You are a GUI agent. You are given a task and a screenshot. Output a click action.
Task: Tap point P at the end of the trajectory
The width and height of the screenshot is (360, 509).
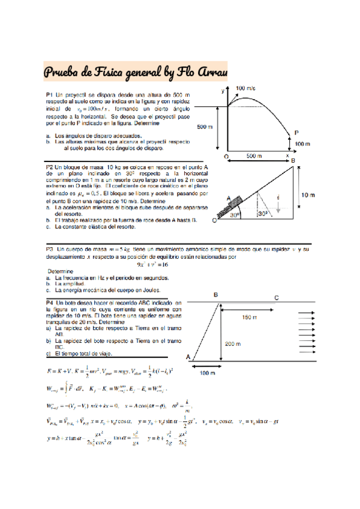tap(296, 133)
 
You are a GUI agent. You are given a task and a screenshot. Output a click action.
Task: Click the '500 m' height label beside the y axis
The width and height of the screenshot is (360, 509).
tap(205, 127)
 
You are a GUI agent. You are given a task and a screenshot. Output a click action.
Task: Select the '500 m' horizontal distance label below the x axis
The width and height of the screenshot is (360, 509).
tap(254, 156)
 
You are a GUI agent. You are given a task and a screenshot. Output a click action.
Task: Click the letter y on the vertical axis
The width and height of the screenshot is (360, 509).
tap(223, 91)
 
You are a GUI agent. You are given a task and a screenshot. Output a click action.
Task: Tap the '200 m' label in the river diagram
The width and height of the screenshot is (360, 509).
tap(233, 344)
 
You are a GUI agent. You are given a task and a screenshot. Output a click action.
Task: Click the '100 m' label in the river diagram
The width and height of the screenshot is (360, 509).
tap(208, 373)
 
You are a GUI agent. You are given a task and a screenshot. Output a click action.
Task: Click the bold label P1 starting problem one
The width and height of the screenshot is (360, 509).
tap(50, 95)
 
